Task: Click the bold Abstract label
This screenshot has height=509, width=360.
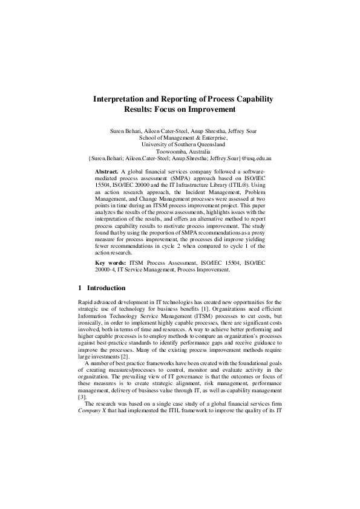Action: pyautogui.click(x=107, y=172)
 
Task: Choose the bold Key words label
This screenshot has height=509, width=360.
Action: pyautogui.click(x=111, y=264)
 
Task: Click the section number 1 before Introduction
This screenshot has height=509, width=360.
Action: pyautogui.click(x=80, y=288)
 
